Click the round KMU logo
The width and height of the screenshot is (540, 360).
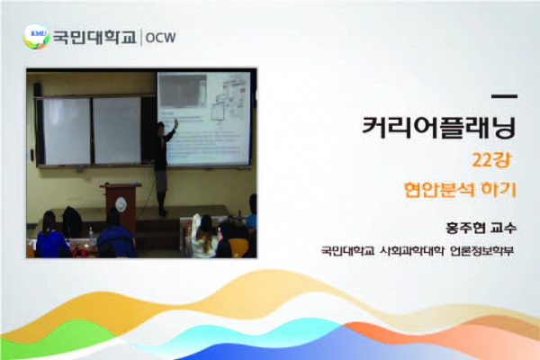[x=36, y=36]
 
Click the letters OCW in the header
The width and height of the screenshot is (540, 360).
[x=160, y=38]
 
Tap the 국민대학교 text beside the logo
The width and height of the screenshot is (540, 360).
[x=94, y=37]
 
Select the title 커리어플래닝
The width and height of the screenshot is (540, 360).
[x=439, y=128]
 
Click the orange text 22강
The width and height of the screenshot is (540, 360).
[x=491, y=160]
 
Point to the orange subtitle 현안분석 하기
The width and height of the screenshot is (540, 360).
[x=460, y=190]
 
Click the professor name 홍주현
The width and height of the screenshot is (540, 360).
[x=465, y=228]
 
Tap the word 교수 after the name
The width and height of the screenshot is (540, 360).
[x=503, y=228]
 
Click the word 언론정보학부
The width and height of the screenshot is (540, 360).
[x=481, y=250]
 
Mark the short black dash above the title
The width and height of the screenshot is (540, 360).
[x=504, y=97]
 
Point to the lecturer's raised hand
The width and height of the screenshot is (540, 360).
[x=176, y=123]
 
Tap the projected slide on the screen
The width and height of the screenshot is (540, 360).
[x=204, y=119]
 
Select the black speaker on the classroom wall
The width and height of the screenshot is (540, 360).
[x=37, y=90]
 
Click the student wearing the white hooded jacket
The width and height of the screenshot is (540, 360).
[x=202, y=237]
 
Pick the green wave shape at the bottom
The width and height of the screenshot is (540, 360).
[x=58, y=338]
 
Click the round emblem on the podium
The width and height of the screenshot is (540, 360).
[x=121, y=204]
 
